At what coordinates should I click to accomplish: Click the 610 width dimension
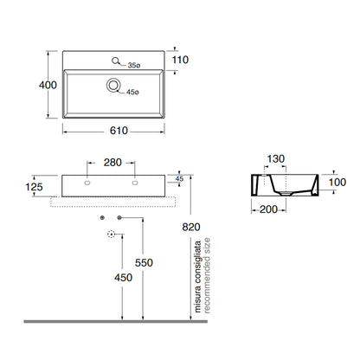(119, 131)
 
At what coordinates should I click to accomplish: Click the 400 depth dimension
(48, 85)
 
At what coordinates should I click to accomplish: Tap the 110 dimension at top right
(180, 60)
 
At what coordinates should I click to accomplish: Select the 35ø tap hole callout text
(134, 66)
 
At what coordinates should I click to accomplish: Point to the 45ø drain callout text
(132, 93)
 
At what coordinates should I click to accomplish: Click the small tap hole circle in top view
(115, 61)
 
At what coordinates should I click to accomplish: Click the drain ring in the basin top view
(113, 85)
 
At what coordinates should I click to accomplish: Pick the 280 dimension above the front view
(112, 163)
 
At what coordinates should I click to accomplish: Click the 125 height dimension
(34, 187)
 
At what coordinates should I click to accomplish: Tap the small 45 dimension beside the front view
(179, 179)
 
